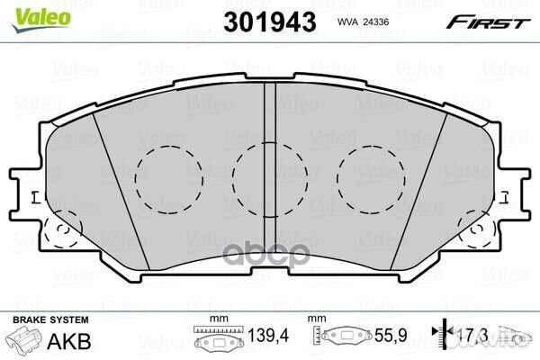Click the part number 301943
pos(270,22)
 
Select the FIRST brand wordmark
pos(488,22)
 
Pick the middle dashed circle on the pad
pos(233,179)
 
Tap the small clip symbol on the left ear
pos(36,197)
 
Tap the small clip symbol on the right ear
pos(505,197)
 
